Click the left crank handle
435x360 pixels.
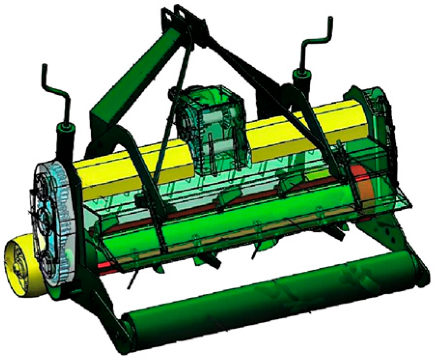[54, 87]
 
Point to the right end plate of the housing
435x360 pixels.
[381, 121]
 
